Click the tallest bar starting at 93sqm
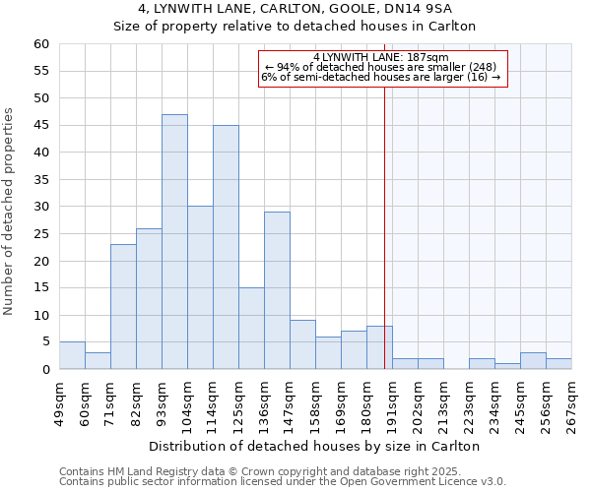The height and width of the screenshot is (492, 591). tap(174, 242)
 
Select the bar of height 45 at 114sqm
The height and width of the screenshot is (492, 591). tap(226, 247)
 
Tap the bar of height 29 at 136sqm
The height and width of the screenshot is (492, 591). tap(277, 290)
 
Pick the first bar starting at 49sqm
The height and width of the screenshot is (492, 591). tap(72, 355)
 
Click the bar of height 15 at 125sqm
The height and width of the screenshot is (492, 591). tap(251, 329)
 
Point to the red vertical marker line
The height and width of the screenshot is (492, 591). tap(384, 216)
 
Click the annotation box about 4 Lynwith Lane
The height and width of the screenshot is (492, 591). tap(382, 68)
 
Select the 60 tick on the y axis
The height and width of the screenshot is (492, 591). tap(40, 44)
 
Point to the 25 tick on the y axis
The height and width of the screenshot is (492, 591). tap(40, 234)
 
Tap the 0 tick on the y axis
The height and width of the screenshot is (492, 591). tap(44, 370)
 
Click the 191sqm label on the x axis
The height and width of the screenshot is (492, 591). tap(392, 401)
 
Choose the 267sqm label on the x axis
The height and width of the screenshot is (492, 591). tap(571, 401)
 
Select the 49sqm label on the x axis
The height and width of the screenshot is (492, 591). tap(59, 401)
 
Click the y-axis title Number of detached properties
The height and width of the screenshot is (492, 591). tap(10, 212)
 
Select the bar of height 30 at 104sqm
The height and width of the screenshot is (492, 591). tap(200, 287)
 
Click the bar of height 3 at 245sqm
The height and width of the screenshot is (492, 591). tap(533, 361)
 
